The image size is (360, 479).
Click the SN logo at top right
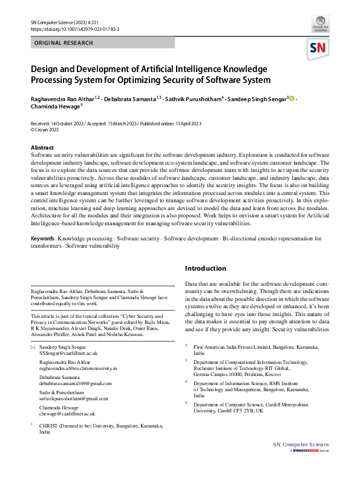click(318, 48)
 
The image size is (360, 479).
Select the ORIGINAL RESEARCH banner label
click(64, 43)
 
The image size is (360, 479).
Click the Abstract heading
click(42, 148)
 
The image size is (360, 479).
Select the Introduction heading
click(206, 268)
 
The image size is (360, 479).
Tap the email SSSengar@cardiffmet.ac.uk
click(68, 352)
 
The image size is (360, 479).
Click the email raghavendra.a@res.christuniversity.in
click(78, 368)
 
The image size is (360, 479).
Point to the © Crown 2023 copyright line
click(45, 130)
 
